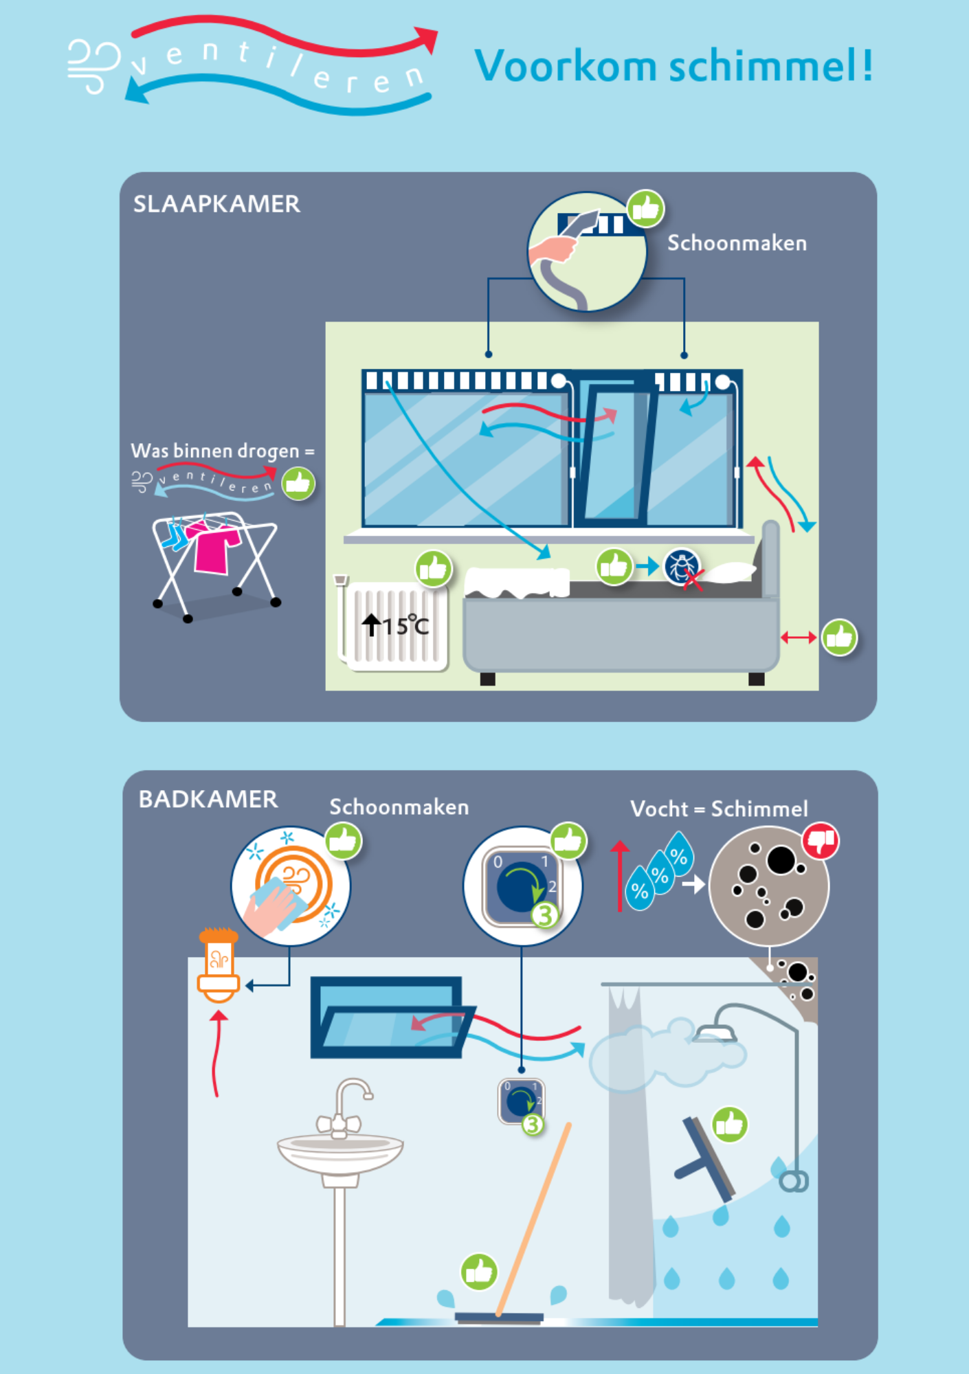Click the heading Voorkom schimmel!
coord(673,67)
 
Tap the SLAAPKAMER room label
coord(216,204)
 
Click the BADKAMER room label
coord(208,799)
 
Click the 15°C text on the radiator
coord(405,626)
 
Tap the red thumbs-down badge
coord(821,841)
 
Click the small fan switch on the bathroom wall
coord(522,1101)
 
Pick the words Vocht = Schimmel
coord(719,809)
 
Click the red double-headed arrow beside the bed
coord(798,638)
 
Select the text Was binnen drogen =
coord(222,451)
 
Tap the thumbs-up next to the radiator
coord(433,569)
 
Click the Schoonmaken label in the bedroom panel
coord(737,243)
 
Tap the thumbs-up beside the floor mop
coord(479,1272)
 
